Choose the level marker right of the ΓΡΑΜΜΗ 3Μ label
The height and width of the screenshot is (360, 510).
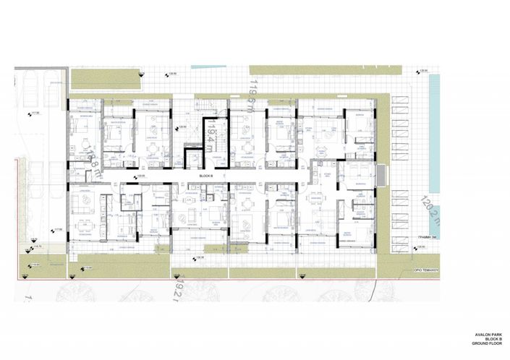point(418,250)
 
